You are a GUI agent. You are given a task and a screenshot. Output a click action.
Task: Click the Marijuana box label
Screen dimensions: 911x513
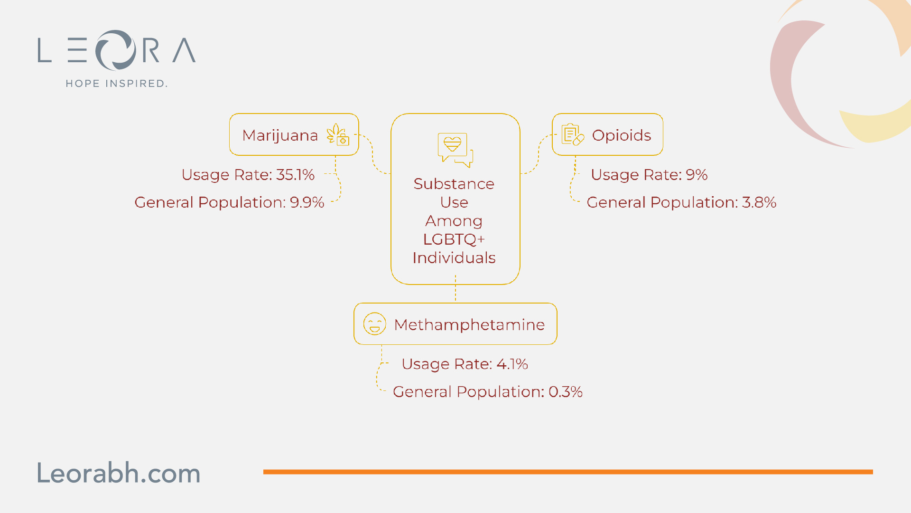[x=280, y=135]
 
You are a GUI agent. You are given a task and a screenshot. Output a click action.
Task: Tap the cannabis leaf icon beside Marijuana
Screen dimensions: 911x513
[x=338, y=134]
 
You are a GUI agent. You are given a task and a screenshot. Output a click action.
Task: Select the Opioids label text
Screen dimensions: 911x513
[x=622, y=135]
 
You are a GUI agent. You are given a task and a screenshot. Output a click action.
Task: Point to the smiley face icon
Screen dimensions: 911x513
[x=374, y=324]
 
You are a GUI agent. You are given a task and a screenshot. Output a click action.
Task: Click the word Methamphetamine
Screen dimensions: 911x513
[x=469, y=325]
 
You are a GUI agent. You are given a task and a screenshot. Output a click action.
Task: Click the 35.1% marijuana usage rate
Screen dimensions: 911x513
[x=295, y=175]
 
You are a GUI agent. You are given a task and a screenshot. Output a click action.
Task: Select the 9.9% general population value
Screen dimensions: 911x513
[x=307, y=202]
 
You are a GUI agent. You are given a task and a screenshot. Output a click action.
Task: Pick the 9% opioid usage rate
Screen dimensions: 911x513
[x=697, y=175]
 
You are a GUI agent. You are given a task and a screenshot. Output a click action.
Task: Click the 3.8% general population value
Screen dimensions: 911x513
[x=759, y=202]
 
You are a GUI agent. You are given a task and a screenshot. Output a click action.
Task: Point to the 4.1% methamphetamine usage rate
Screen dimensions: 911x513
[x=512, y=364]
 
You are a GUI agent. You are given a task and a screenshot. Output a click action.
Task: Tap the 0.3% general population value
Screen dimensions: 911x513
[x=566, y=392]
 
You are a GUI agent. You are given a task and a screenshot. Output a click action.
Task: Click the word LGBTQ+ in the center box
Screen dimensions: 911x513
[x=454, y=239]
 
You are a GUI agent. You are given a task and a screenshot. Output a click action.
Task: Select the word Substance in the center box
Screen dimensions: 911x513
[x=454, y=184]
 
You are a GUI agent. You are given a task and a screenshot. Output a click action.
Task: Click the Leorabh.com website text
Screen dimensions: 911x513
[x=119, y=473]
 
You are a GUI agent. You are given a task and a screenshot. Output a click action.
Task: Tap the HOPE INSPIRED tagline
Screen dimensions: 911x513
[x=116, y=84]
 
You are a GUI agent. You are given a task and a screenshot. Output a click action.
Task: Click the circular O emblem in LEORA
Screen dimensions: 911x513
[x=116, y=50]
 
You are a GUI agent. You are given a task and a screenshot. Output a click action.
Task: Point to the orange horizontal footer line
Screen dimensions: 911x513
[x=568, y=472]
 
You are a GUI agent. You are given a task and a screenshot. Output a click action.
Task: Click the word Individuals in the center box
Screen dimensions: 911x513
[x=454, y=258]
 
